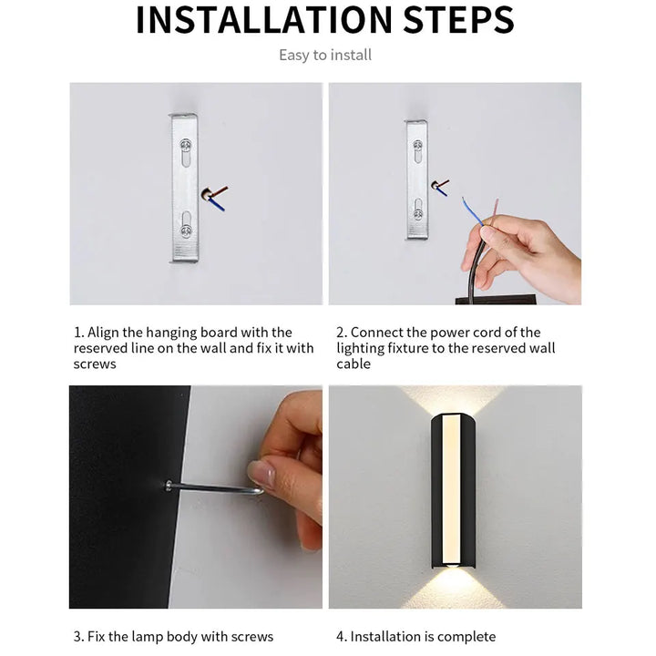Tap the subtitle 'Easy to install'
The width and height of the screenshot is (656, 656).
325,56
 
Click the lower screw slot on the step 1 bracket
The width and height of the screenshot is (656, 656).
186,224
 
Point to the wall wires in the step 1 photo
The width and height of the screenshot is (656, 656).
216,196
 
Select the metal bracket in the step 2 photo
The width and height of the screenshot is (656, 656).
416,179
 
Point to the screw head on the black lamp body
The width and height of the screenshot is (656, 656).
169,486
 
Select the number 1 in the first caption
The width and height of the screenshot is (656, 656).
77,333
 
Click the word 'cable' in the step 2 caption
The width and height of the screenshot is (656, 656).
354,364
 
